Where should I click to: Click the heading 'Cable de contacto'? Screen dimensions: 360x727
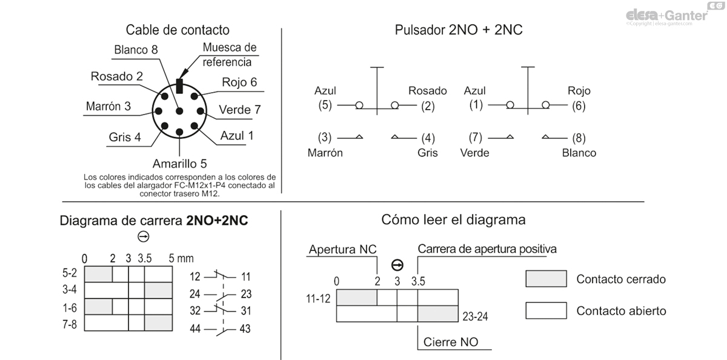coord(178,30)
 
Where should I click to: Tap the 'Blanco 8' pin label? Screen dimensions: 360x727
coord(136,50)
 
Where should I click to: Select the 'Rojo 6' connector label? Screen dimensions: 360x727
coord(239,82)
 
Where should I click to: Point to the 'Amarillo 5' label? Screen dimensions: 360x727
coord(179,164)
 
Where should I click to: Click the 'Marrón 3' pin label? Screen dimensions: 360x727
coord(108,106)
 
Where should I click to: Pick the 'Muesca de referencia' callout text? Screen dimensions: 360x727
coord(230,55)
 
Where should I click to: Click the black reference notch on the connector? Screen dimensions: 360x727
coord(179,85)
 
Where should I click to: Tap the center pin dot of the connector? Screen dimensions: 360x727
coord(179,111)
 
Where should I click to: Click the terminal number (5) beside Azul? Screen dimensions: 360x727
coord(325,105)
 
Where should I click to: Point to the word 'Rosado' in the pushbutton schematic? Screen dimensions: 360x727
coord(427,91)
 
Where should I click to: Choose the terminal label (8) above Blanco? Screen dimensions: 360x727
coord(579,138)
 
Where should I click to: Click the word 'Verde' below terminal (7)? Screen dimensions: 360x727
coord(474,153)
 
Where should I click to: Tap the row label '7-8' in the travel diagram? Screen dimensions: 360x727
coord(70,324)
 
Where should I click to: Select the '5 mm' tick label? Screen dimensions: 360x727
coord(181,259)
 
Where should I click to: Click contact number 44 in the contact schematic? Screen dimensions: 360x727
coord(194,329)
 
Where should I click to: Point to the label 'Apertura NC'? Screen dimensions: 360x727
coord(342,250)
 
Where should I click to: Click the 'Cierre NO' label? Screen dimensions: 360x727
coord(450,342)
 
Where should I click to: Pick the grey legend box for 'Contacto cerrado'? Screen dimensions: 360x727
coord(546,279)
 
